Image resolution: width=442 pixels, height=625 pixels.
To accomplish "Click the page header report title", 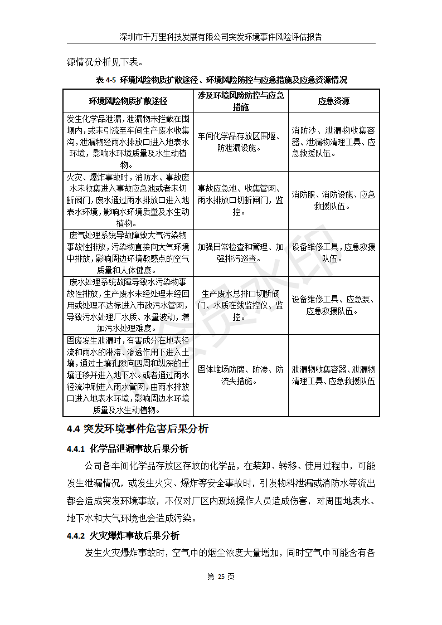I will click(x=221, y=37).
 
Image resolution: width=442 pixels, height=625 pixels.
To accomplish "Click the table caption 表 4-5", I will click(x=221, y=79).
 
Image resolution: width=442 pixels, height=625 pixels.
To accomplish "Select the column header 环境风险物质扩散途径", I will click(x=128, y=101).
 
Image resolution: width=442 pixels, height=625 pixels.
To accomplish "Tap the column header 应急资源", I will click(x=334, y=101).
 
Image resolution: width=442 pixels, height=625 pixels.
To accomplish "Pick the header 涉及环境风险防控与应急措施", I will click(x=241, y=101).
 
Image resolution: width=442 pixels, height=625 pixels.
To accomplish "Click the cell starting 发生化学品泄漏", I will click(x=128, y=141).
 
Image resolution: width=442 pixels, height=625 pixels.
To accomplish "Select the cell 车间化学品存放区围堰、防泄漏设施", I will click(x=241, y=142).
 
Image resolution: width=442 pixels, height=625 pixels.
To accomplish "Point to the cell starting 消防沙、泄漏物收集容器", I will click(x=334, y=142).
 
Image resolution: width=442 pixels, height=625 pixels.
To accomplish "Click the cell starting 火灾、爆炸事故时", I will click(x=128, y=199).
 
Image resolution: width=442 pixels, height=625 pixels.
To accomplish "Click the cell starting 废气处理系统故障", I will click(x=128, y=252).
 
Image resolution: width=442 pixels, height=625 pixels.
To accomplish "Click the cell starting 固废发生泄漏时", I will click(x=128, y=374).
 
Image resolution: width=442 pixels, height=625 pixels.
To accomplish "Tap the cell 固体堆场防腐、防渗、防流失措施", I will click(x=241, y=375).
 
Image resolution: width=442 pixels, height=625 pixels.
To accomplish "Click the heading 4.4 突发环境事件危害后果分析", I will click(x=137, y=429).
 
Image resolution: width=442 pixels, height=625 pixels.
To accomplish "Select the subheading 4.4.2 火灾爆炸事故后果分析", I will click(x=123, y=536).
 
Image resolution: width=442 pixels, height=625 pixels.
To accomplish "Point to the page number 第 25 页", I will click(x=221, y=577).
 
